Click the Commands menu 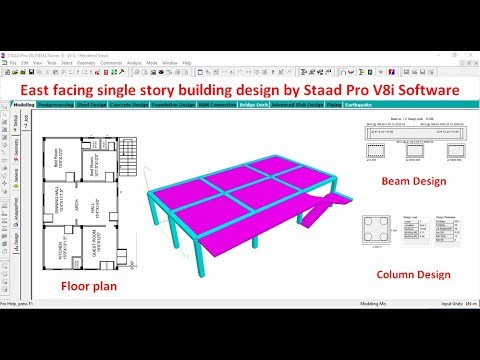pyautogui.click(x=111, y=62)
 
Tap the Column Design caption pyautogui.click(x=414, y=274)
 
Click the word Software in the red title pyautogui.click(x=419, y=90)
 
